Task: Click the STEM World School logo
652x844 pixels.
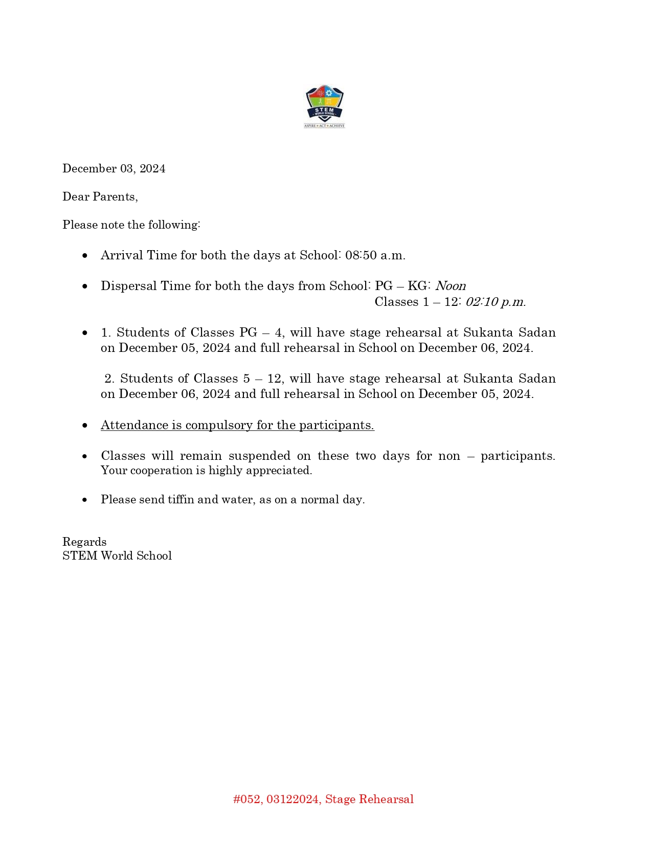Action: (x=325, y=106)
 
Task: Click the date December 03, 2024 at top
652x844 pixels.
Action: (x=114, y=169)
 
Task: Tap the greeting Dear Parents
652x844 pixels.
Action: (x=100, y=197)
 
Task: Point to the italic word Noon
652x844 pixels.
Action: (x=451, y=286)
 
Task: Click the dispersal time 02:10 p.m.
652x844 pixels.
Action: (x=496, y=302)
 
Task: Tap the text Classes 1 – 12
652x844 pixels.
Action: (x=416, y=302)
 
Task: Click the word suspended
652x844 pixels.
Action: (x=259, y=456)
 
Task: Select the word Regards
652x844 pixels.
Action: (x=84, y=542)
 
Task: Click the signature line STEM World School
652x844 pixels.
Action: (x=117, y=556)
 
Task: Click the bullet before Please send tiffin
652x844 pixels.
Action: (x=85, y=500)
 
